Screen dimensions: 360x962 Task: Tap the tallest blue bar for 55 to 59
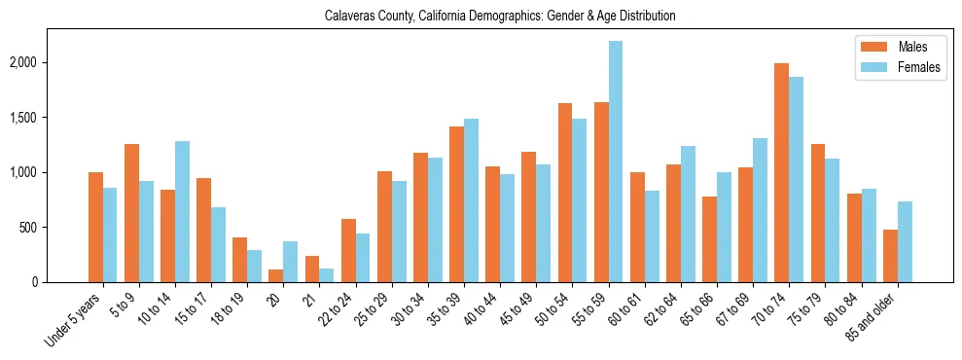[615, 162]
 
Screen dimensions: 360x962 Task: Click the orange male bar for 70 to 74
[781, 172]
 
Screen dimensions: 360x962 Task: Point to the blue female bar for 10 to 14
[183, 211]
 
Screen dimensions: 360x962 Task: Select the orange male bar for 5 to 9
[132, 213]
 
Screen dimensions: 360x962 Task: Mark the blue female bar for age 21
[327, 275]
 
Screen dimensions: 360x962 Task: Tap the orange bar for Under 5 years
[96, 227]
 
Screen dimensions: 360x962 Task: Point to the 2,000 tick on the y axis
[51, 62]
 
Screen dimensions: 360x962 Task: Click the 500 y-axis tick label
[55, 228]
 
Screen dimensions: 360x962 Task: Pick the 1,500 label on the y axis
[51, 118]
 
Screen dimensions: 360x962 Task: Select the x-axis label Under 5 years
[74, 319]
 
